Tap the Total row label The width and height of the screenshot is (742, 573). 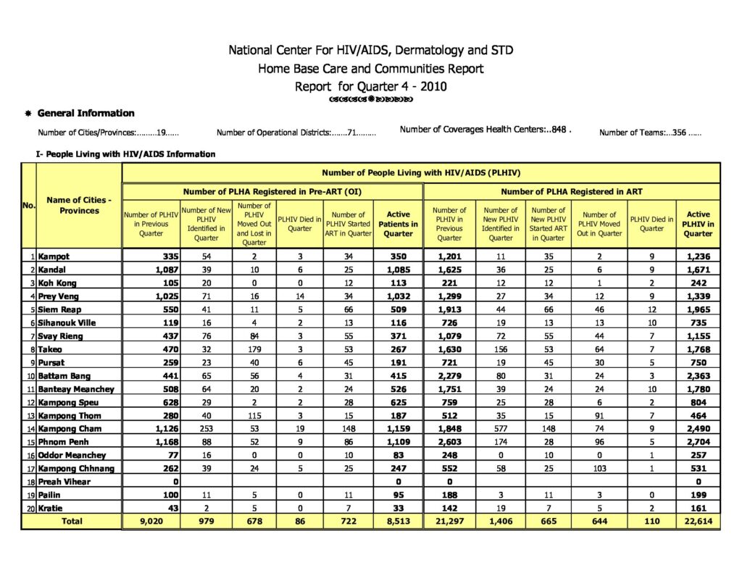(71, 522)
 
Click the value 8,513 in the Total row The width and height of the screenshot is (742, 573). (398, 522)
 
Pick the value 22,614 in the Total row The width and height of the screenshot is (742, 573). (699, 522)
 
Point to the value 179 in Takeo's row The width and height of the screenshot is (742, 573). (254, 349)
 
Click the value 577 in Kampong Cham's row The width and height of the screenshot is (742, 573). (501, 429)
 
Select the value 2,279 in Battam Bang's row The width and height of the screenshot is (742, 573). (449, 376)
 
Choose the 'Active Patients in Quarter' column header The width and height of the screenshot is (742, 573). (398, 224)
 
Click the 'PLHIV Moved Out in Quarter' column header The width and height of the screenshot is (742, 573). (599, 224)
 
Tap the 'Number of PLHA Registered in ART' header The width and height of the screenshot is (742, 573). (572, 191)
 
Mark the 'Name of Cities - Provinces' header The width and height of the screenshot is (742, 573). (78, 205)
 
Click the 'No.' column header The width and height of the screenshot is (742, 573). (29, 206)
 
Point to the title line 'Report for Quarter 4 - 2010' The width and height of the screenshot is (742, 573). (370, 86)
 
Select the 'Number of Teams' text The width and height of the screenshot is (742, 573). (649, 133)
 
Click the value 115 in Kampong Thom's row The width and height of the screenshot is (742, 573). (254, 416)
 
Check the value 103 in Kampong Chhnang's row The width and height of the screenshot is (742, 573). (599, 469)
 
